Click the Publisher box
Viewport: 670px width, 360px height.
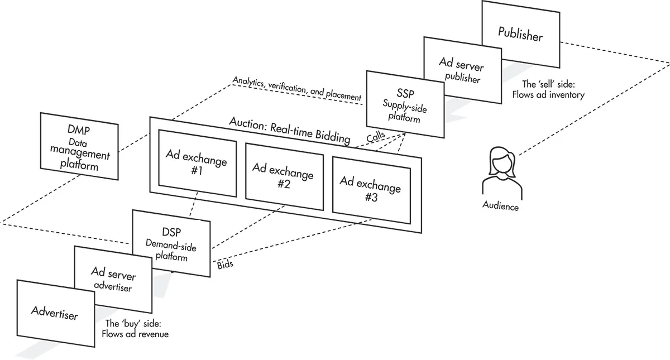[x=520, y=35]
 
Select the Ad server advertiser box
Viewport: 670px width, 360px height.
[x=113, y=280]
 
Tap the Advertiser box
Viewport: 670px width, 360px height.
[x=55, y=313]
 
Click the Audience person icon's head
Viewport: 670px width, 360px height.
[x=501, y=160]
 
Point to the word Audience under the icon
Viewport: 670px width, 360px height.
[x=500, y=207]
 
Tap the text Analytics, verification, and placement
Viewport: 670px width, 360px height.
[x=296, y=90]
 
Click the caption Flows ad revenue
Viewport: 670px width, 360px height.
[x=135, y=334]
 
